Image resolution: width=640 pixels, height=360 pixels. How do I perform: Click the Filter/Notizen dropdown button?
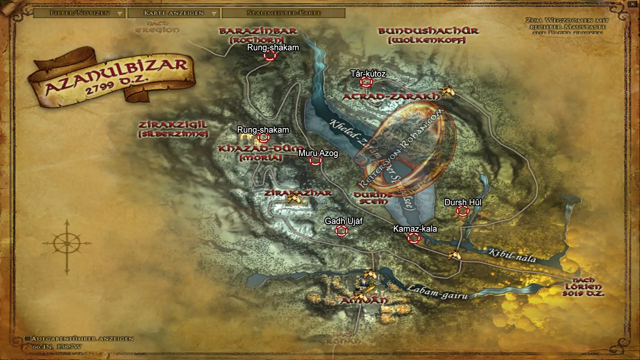point(79,13)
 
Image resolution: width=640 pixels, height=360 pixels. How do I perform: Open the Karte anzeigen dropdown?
point(173,13)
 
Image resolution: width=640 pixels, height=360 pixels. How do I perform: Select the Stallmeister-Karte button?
point(283,13)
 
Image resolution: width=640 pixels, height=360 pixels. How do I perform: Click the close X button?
point(632,4)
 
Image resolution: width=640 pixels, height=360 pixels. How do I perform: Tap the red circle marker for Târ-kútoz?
point(366,82)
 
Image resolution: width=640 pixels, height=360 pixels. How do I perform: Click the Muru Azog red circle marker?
point(315,161)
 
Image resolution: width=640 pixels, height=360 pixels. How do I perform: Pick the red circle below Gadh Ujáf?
point(341,230)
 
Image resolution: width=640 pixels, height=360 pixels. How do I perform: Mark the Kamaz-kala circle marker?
point(414,238)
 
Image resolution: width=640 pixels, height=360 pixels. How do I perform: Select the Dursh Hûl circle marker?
point(463,211)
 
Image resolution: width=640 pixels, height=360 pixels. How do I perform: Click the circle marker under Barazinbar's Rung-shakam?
point(270,56)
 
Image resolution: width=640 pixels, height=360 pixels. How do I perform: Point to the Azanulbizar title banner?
point(113,78)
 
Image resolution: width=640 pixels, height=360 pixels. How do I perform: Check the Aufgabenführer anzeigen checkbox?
point(28,339)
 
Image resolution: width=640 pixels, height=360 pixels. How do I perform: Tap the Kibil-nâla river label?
point(512,255)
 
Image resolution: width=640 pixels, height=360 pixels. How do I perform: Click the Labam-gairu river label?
point(437,292)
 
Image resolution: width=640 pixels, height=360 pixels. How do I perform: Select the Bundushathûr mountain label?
point(428,35)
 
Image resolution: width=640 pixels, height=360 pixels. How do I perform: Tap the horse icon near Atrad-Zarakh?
point(448,91)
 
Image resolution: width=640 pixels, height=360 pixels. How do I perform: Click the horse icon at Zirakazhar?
point(295,199)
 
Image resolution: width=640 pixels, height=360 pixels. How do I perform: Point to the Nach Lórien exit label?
point(583,287)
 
